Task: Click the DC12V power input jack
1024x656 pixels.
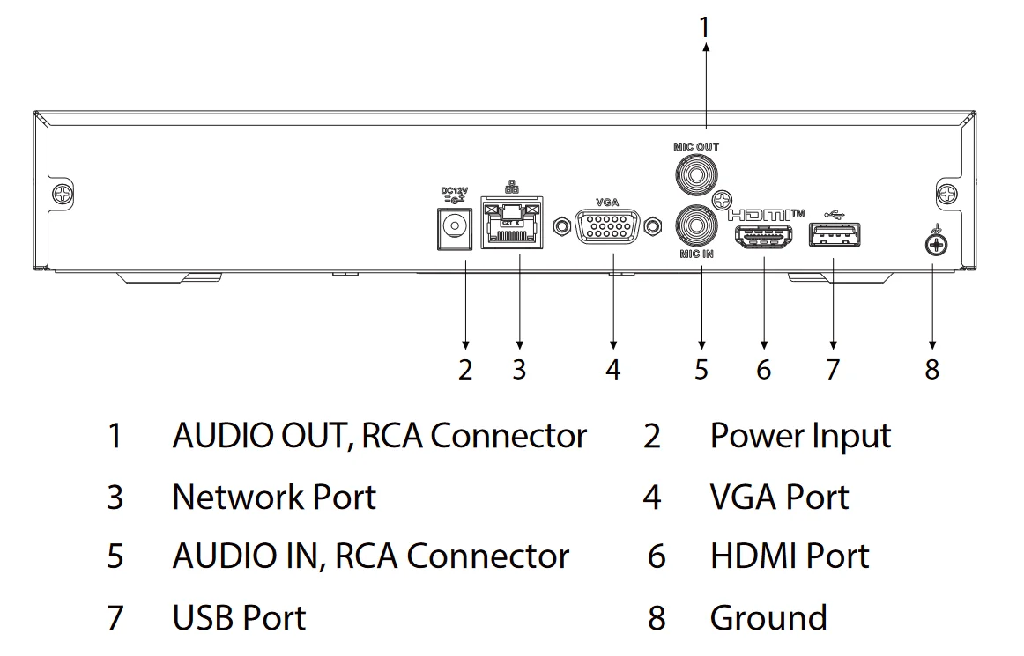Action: [x=453, y=226]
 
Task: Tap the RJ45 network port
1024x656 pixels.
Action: [x=509, y=225]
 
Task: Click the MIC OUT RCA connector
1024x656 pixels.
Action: [x=695, y=173]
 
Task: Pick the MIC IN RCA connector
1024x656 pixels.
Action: [x=695, y=225]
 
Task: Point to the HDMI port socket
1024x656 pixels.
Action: [x=764, y=238]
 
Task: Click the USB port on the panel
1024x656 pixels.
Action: [x=834, y=235]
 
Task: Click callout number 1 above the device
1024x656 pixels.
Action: [x=703, y=28]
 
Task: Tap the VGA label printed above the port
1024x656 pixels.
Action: [x=607, y=203]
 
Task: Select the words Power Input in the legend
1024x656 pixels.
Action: [x=800, y=436]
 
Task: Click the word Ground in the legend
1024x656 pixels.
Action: [x=768, y=617]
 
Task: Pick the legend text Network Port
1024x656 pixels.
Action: [x=274, y=497]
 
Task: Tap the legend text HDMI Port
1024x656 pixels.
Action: [x=789, y=556]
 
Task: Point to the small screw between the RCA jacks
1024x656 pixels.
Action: [x=723, y=199]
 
